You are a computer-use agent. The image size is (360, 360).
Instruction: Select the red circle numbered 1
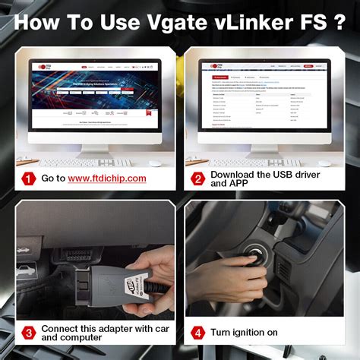(x=27, y=178)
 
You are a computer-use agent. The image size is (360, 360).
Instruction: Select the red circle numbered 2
(x=198, y=178)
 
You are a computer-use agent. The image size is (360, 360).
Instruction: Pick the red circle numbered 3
(x=27, y=333)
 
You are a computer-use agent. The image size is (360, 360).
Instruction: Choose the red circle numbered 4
(x=198, y=333)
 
